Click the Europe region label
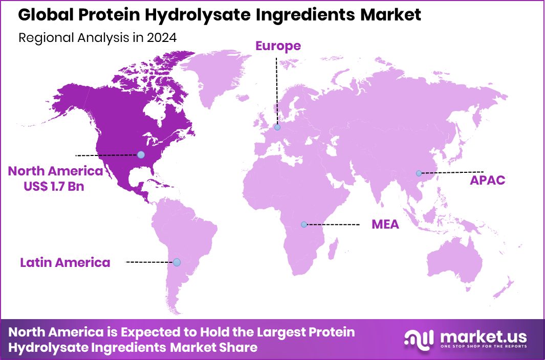(x=278, y=46)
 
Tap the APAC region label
(x=488, y=180)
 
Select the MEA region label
(x=385, y=224)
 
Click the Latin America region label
(x=65, y=263)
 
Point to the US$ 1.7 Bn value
(x=54, y=187)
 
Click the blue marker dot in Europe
(x=277, y=127)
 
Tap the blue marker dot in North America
(x=141, y=154)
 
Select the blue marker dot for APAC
(x=419, y=173)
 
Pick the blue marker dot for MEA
(x=304, y=224)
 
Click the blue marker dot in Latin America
(x=177, y=262)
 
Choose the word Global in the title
(x=43, y=15)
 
